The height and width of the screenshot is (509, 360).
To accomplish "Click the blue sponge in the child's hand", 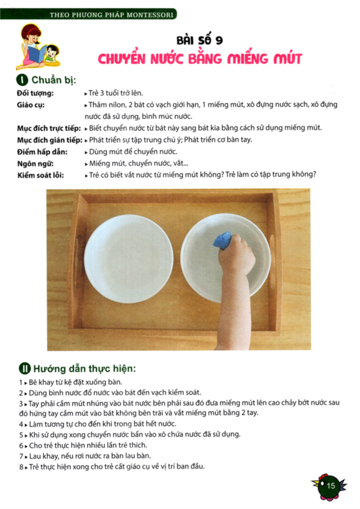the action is (223, 240).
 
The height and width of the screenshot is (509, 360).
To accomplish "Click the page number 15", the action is (331, 485).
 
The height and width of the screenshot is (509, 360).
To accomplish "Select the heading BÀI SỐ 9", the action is (200, 40).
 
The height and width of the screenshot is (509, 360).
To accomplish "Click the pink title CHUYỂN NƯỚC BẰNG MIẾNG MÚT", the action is (200, 59).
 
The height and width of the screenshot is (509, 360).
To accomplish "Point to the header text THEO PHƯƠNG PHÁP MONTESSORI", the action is (112, 15).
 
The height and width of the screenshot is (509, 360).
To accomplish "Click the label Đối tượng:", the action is (36, 93).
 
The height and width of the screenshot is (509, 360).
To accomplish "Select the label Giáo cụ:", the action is (31, 105).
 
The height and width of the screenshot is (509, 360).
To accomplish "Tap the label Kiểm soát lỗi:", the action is (41, 176).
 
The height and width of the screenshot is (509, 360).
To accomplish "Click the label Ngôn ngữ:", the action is (36, 164).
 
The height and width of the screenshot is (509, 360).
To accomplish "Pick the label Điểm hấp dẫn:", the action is (42, 152).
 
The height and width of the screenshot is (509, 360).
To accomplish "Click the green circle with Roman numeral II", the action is (24, 369).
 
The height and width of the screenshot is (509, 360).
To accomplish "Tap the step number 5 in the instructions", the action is (21, 435).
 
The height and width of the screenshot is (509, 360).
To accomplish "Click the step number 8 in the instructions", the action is (21, 467).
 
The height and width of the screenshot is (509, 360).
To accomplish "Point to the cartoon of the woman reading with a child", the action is (38, 46).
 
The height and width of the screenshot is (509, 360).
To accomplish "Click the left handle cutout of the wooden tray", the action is (77, 258).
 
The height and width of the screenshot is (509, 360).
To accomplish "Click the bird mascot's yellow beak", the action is (315, 484).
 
